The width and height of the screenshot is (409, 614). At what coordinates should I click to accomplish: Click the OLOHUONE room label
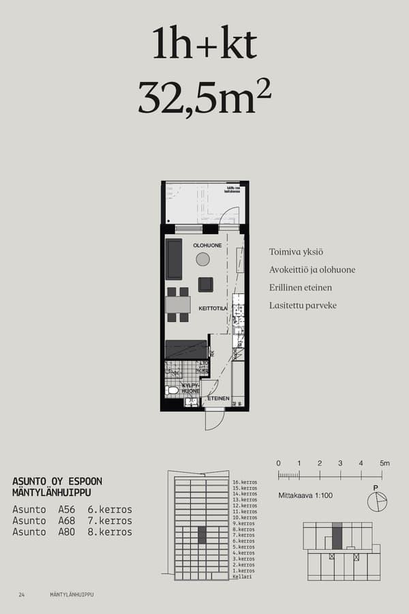click(207, 245)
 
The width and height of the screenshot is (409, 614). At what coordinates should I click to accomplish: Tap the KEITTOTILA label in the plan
click(213, 308)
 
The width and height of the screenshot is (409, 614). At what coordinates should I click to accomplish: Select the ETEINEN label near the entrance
click(218, 398)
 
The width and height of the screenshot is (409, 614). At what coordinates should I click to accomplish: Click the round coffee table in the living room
click(202, 259)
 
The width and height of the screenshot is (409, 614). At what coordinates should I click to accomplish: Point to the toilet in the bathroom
click(172, 391)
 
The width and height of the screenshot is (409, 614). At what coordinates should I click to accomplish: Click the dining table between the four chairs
click(178, 304)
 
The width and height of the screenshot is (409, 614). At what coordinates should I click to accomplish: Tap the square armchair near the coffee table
click(205, 284)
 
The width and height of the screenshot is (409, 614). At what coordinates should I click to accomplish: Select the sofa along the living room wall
click(174, 259)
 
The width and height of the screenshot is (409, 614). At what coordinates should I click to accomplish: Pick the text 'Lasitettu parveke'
click(303, 306)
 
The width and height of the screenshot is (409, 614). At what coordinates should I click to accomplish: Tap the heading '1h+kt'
click(204, 45)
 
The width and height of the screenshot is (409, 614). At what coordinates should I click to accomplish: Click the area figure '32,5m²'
click(204, 97)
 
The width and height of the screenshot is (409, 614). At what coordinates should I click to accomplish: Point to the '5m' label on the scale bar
click(385, 463)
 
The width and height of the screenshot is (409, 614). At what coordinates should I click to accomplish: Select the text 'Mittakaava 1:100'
click(305, 495)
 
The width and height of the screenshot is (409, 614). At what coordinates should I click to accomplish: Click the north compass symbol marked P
click(376, 501)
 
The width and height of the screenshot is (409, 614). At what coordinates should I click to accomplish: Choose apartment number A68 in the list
click(67, 521)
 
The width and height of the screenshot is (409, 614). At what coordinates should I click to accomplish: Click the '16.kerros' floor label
click(244, 482)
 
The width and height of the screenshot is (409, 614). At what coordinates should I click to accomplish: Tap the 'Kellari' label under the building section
click(242, 576)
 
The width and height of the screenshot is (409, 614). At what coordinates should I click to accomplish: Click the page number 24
click(22, 595)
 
